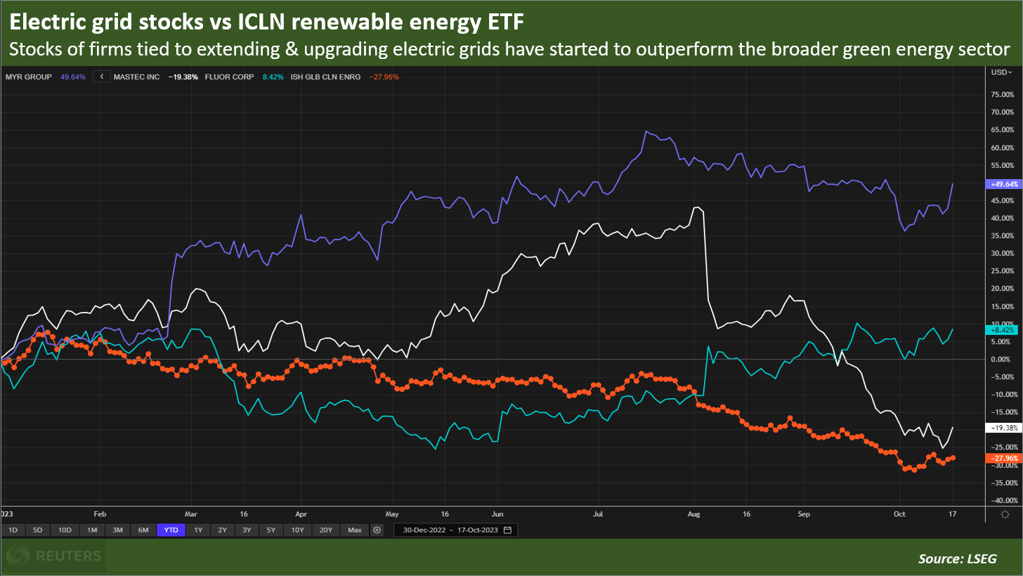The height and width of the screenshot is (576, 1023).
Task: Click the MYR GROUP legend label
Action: pos(28,77)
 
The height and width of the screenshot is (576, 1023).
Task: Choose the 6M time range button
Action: pos(143,530)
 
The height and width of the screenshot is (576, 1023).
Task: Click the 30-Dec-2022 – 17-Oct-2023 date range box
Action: pos(455,530)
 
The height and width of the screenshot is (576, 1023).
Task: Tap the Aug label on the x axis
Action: pos(695,513)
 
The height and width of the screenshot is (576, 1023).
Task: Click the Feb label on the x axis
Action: pos(99,513)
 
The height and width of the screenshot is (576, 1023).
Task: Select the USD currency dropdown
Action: pos(1001,72)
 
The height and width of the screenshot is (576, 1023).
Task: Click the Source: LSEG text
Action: pos(957,559)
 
